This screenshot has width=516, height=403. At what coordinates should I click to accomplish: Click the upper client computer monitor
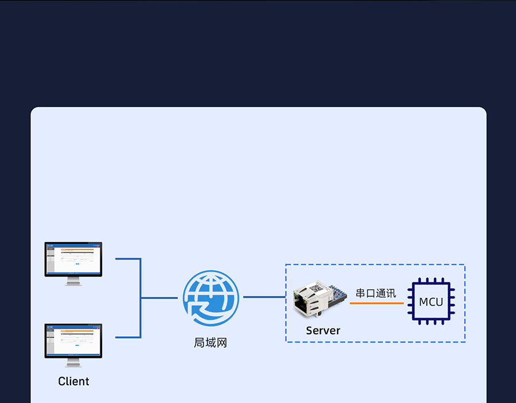click(73, 259)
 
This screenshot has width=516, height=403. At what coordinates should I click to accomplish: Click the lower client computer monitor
click(73, 341)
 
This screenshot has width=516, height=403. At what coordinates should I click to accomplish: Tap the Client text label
click(73, 381)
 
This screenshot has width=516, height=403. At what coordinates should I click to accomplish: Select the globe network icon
click(210, 298)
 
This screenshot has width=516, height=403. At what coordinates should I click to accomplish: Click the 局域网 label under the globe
click(210, 343)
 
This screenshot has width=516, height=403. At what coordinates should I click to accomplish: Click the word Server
click(323, 330)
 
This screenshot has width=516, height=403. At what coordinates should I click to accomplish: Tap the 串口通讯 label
click(376, 293)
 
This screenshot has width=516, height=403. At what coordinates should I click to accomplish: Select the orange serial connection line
click(376, 303)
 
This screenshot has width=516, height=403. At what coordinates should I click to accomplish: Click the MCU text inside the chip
click(431, 302)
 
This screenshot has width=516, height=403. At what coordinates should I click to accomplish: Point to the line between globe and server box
click(264, 297)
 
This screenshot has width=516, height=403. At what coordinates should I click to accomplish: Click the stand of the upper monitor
click(73, 281)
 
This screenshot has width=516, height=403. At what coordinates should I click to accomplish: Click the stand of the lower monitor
click(73, 363)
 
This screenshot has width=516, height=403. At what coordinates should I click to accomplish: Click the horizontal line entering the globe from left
click(159, 298)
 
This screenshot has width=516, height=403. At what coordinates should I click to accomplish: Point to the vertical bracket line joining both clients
click(140, 298)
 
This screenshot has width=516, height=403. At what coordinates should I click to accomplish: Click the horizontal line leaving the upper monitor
click(127, 259)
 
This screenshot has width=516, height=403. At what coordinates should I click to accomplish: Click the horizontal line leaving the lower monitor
click(127, 337)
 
